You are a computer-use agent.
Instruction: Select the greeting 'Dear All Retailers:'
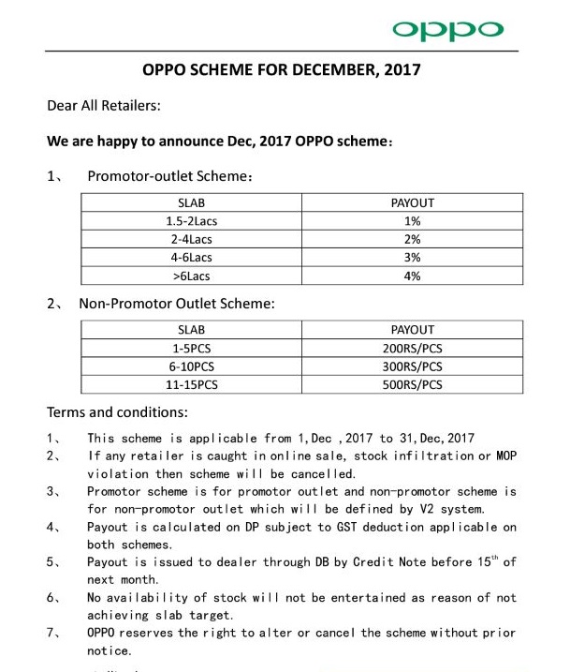pyautogui.click(x=104, y=106)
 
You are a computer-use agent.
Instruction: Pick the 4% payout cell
pyautogui.click(x=412, y=276)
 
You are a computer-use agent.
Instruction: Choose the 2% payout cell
pyautogui.click(x=412, y=239)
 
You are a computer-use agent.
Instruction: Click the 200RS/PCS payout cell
pyautogui.click(x=412, y=349)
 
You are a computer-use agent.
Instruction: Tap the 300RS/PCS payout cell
pyautogui.click(x=412, y=366)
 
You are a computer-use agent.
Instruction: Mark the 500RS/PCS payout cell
pyautogui.click(x=412, y=385)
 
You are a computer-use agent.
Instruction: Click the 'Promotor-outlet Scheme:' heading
pyautogui.click(x=170, y=176)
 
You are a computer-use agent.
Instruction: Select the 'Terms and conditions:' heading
pyautogui.click(x=117, y=412)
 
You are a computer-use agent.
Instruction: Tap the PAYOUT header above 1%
pyautogui.click(x=412, y=202)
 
